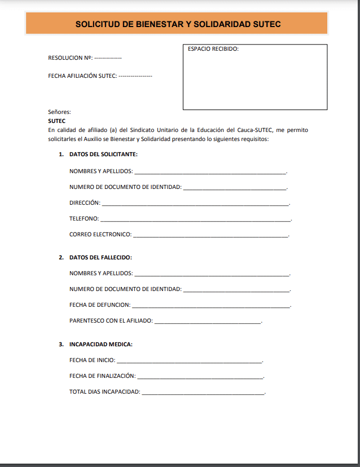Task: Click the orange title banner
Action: coord(177,24)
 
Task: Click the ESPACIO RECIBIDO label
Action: coord(213,49)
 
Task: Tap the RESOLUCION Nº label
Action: coord(70,58)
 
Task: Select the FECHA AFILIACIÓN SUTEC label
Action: coord(82,76)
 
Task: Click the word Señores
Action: coord(59,112)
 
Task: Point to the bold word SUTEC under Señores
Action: coord(57,121)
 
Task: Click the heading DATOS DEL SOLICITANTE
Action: coord(103,154)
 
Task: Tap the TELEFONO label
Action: coord(84,218)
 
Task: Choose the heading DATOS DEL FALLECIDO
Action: coord(100,258)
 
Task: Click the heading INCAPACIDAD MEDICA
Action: coord(101,344)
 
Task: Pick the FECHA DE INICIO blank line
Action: coord(189,361)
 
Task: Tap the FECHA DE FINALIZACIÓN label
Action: coord(102,376)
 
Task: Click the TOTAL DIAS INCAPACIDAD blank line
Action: coord(203,393)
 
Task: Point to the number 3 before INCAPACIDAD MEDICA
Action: coord(61,344)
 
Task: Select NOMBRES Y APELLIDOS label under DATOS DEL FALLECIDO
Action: coord(101,274)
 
